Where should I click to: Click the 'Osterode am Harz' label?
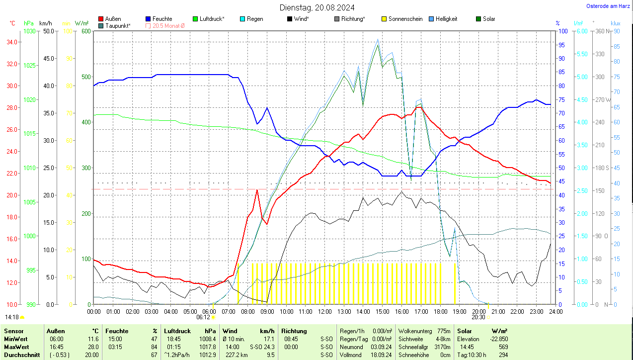pyautogui.click(x=608, y=6)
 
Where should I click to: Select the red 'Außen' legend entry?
pyautogui.click(x=113, y=19)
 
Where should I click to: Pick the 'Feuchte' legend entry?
pyautogui.click(x=162, y=19)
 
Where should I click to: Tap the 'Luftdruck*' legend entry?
pyautogui.click(x=212, y=19)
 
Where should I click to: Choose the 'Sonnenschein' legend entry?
pyautogui.click(x=405, y=19)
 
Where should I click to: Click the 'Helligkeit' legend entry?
pyautogui.click(x=446, y=19)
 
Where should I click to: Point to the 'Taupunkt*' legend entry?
pyautogui.click(x=118, y=25)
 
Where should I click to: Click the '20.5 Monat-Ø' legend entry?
pyautogui.click(x=168, y=25)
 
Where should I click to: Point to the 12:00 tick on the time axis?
pyautogui.click(x=325, y=311)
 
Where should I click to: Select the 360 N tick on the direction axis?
pyautogui.click(x=603, y=31)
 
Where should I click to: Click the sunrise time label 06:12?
pyautogui.click(x=203, y=317)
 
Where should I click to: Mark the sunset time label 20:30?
pyautogui.click(x=478, y=317)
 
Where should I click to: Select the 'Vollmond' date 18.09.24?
pyautogui.click(x=381, y=355)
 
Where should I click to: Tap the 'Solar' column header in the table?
pyautogui.click(x=465, y=331)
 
